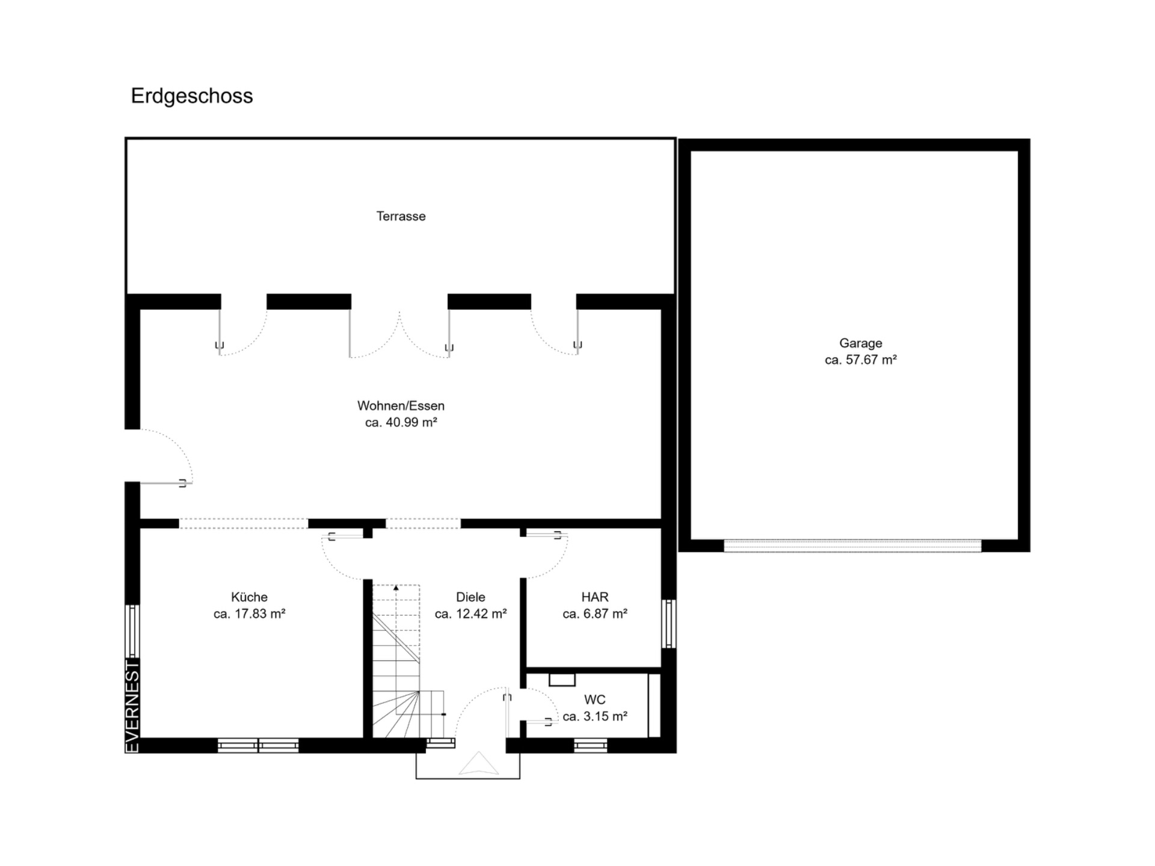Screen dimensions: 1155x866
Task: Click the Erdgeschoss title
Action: point(192,96)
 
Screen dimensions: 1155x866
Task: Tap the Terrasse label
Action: point(401,216)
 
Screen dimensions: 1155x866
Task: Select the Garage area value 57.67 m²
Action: point(861,360)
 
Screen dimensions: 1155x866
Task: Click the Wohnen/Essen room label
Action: point(401,406)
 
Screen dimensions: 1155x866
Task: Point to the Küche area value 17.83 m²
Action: point(249,614)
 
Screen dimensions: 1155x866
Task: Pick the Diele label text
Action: point(470,597)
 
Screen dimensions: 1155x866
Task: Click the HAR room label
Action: point(595,597)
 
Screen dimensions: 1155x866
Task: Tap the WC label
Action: point(595,699)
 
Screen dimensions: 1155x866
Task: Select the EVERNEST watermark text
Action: point(132,706)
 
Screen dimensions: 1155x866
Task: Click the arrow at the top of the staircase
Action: point(396,588)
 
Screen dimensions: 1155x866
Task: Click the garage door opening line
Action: point(852,545)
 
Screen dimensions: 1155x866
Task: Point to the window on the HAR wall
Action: point(669,624)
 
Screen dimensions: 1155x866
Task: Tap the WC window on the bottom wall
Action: point(590,746)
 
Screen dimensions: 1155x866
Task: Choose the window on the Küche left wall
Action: point(132,631)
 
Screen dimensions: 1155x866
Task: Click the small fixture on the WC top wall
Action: point(562,680)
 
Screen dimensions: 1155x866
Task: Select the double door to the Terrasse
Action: point(399,334)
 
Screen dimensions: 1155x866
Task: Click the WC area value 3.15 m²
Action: point(595,717)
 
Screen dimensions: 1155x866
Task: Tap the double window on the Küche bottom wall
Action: point(258,746)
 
